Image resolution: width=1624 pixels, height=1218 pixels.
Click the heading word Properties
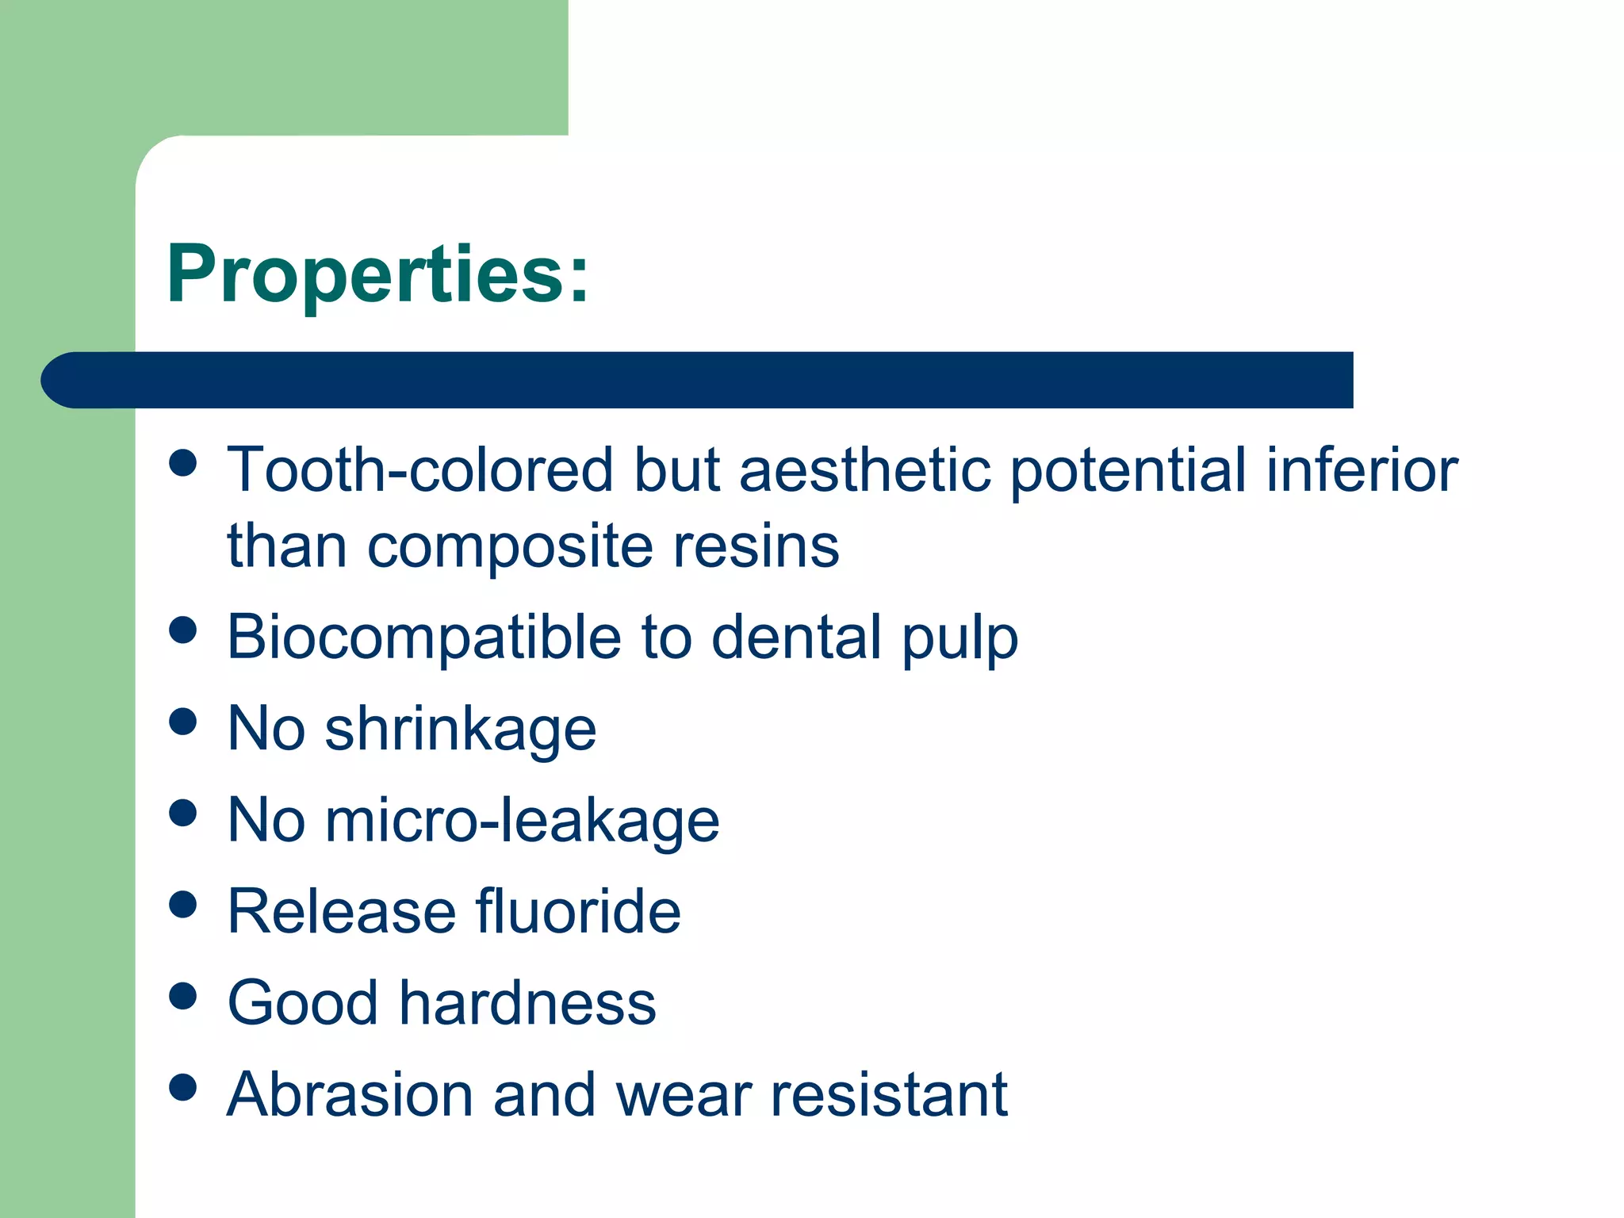[377, 274]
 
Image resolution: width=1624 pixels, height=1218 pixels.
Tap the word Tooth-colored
[419, 469]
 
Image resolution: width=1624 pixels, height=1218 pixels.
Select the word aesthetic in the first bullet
[864, 469]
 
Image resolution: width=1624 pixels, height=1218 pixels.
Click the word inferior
[1362, 469]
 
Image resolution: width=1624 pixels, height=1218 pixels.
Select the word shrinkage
[460, 730]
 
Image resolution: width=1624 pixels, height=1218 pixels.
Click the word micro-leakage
[523, 820]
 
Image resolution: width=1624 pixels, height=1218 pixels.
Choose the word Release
[341, 911]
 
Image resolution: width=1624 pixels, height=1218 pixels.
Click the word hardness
[527, 1002]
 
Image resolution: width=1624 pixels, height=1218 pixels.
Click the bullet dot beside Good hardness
[183, 996]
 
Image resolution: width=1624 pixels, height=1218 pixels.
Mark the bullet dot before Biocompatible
[183, 630]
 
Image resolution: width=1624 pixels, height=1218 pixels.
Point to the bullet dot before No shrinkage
[183, 722]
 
